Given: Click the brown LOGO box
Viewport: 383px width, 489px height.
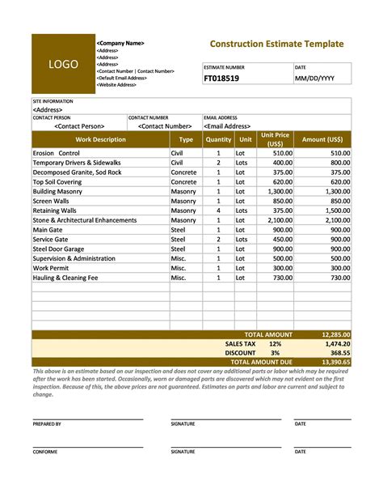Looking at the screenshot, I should [63, 64].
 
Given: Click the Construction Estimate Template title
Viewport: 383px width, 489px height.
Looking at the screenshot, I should [276, 44].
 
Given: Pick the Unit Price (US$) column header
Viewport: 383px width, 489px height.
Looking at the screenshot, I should [276, 139].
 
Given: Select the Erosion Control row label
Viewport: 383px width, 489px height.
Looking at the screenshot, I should [57, 153].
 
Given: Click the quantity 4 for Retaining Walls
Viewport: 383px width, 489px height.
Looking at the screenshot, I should [218, 210].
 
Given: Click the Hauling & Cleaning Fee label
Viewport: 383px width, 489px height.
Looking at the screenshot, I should [65, 278].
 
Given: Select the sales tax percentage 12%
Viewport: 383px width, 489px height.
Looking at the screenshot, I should [276, 343].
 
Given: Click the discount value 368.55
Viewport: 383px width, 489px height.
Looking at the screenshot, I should [337, 353].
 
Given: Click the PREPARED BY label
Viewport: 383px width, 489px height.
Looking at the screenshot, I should [47, 423].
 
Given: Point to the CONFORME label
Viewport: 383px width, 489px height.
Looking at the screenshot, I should [44, 452].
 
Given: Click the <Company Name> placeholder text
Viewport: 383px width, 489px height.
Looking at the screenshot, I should [120, 43].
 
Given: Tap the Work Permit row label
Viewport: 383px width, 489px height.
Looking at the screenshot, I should [51, 268].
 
